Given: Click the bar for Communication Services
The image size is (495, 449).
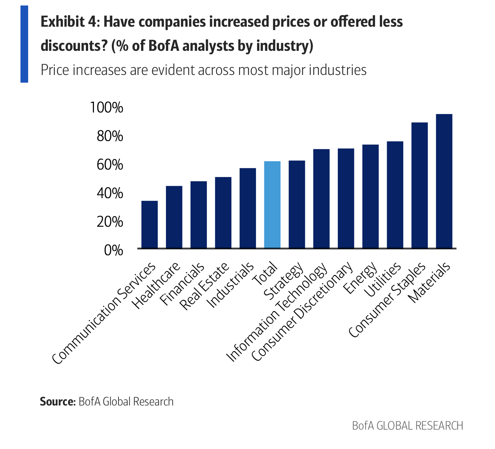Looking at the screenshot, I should pos(150,224).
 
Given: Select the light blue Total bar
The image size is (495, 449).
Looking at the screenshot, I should pos(272,205).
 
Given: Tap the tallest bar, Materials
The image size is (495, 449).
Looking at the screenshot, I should pos(444,181).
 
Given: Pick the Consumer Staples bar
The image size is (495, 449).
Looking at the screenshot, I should pos(419,185).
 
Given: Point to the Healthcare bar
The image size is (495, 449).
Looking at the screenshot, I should pos(174,217).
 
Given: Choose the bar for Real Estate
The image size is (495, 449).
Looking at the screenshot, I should pos(223,213).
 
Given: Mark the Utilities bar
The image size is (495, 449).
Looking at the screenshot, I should pos(395,195).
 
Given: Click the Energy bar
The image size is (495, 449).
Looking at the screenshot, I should pos(370,197).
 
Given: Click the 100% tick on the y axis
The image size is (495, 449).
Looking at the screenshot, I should pos(106,108).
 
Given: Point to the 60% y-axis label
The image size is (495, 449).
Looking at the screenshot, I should pos(110,165).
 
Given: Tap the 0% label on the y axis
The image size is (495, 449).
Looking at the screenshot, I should pos(113,250).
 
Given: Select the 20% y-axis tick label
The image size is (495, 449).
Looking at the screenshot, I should pos(110,222).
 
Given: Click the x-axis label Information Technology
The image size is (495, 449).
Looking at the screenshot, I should pos(277,313).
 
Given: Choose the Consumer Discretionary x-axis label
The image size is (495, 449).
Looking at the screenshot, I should pos(303,312).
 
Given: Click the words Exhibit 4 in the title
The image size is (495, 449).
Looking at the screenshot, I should pos(69,22).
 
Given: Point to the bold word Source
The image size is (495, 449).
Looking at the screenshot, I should pos(57,401).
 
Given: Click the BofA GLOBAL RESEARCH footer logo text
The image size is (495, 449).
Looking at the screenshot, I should pos(407,426).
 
